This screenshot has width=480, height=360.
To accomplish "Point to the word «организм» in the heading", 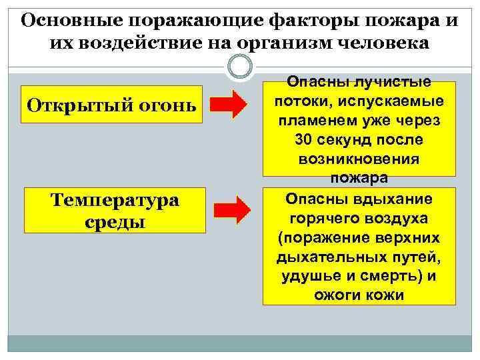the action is tap(289, 44).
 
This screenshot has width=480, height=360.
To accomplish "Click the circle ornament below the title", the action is tap(240, 67).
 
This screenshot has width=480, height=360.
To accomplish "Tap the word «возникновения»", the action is tap(359, 161).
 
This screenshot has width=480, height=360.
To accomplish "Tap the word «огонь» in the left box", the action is tap(166, 105).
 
